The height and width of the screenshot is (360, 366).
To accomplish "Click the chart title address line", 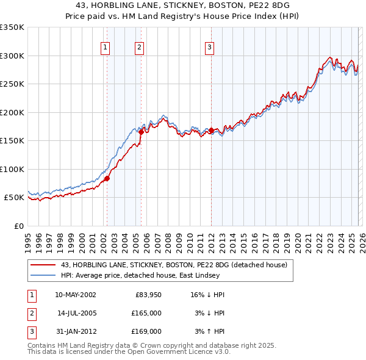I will [182, 5].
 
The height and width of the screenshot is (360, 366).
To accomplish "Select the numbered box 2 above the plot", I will [140, 47].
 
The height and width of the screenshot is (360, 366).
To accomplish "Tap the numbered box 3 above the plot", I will [210, 47].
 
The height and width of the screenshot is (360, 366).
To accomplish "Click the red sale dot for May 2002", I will [107, 178].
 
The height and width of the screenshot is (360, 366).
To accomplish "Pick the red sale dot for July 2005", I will [141, 132].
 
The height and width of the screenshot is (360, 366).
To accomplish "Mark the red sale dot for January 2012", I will [211, 130].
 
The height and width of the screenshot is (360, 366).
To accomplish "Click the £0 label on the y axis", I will [19, 226].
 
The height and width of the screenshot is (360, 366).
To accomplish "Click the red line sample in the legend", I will [44, 265].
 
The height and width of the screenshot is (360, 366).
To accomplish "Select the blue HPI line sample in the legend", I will [44, 275].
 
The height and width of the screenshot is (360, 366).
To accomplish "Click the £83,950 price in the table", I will [148, 294].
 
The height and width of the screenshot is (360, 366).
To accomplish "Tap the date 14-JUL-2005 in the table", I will [76, 312].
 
